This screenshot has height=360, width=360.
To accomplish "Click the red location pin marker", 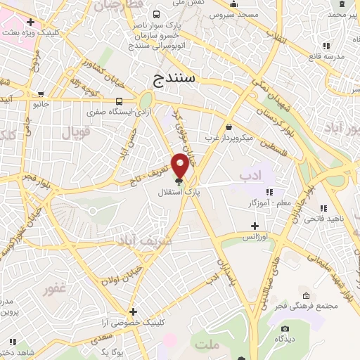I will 181,167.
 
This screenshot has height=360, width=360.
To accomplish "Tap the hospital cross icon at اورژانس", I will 255,226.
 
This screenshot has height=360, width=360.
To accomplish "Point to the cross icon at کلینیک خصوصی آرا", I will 132,311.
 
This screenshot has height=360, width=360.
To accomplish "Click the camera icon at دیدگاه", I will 285,328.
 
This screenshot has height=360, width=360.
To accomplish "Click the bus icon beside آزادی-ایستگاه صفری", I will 119,101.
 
